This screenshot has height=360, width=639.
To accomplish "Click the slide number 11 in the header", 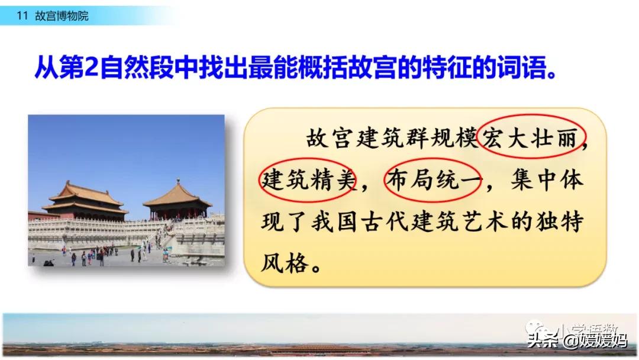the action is pyautogui.click(x=22, y=16).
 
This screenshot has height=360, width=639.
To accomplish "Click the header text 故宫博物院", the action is pyautogui.click(x=62, y=16).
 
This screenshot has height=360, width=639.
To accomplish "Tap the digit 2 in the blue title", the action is pyautogui.click(x=91, y=67).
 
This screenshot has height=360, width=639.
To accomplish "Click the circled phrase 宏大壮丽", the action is pyautogui.click(x=530, y=137).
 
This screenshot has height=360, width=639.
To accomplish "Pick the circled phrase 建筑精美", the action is pyautogui.click(x=308, y=179).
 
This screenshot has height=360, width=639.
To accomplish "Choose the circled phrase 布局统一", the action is pyautogui.click(x=434, y=179).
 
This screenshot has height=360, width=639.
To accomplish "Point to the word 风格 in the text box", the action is pyautogui.click(x=285, y=263).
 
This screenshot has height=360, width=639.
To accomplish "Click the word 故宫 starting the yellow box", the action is pyautogui.click(x=329, y=137).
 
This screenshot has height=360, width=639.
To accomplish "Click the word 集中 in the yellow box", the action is pyautogui.click(x=534, y=179).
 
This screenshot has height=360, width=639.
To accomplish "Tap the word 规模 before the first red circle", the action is pyautogui.click(x=454, y=137).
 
